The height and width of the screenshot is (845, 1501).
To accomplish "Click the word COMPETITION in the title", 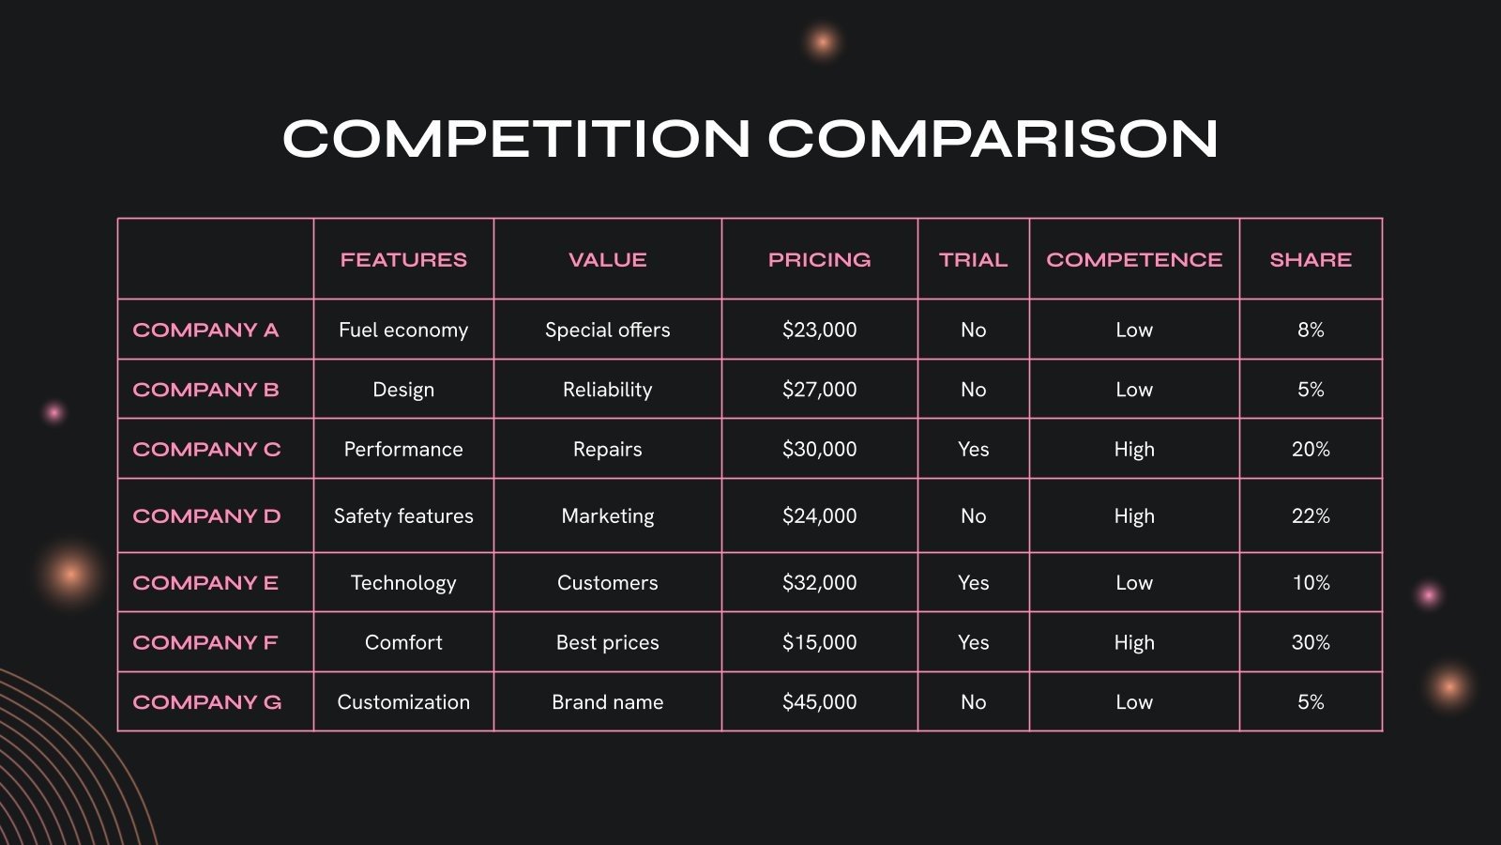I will pyautogui.click(x=517, y=139).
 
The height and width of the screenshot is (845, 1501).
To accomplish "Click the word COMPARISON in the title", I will pyautogui.click(x=993, y=139).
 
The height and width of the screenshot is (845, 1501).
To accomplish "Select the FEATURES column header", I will pyautogui.click(x=403, y=260).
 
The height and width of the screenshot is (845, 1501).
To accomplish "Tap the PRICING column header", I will pyautogui.click(x=819, y=260).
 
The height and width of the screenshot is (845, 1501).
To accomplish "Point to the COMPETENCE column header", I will pyautogui.click(x=1134, y=260).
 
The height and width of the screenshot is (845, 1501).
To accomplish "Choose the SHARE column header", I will pyautogui.click(x=1311, y=260).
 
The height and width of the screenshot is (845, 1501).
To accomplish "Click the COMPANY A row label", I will pyautogui.click(x=205, y=330).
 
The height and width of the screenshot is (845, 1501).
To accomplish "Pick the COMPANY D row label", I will pyautogui.click(x=206, y=516).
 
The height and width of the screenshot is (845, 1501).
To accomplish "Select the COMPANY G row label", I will pyautogui.click(x=206, y=702).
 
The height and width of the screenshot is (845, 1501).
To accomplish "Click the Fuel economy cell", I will pyautogui.click(x=403, y=330).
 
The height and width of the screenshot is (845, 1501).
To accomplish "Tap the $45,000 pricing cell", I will pyautogui.click(x=819, y=702).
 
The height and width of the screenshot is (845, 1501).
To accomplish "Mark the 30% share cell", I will pyautogui.click(x=1311, y=643).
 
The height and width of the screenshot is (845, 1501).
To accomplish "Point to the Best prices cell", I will pyautogui.click(x=608, y=643).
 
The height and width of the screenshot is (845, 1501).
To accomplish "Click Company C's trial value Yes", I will pyautogui.click(x=973, y=450).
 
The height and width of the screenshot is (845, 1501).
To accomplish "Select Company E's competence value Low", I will pyautogui.click(x=1134, y=583).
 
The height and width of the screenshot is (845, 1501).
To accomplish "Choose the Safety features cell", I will pyautogui.click(x=403, y=516).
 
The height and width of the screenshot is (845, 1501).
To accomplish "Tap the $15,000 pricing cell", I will pyautogui.click(x=819, y=643).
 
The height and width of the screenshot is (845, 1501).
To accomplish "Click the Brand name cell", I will pyautogui.click(x=608, y=702).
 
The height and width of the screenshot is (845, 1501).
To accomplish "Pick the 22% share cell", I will pyautogui.click(x=1311, y=516).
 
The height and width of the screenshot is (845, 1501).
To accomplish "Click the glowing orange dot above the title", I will pyautogui.click(x=823, y=42).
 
